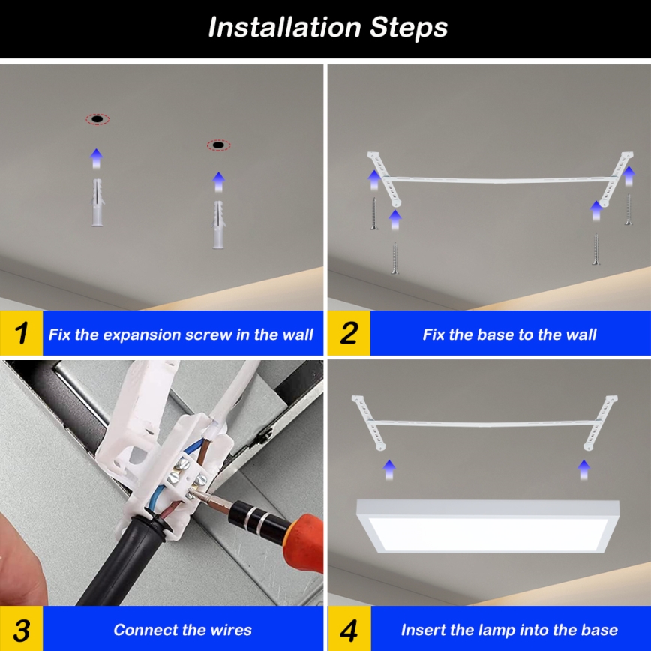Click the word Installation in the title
tap(285, 28)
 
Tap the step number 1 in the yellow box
tap(22, 332)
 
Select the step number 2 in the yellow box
tap(349, 332)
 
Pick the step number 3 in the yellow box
tap(22, 629)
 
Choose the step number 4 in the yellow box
tap(349, 629)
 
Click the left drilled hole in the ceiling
tap(97, 119)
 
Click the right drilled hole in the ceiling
tap(218, 145)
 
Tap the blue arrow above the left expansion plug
tap(96, 158)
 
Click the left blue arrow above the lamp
tap(388, 469)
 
